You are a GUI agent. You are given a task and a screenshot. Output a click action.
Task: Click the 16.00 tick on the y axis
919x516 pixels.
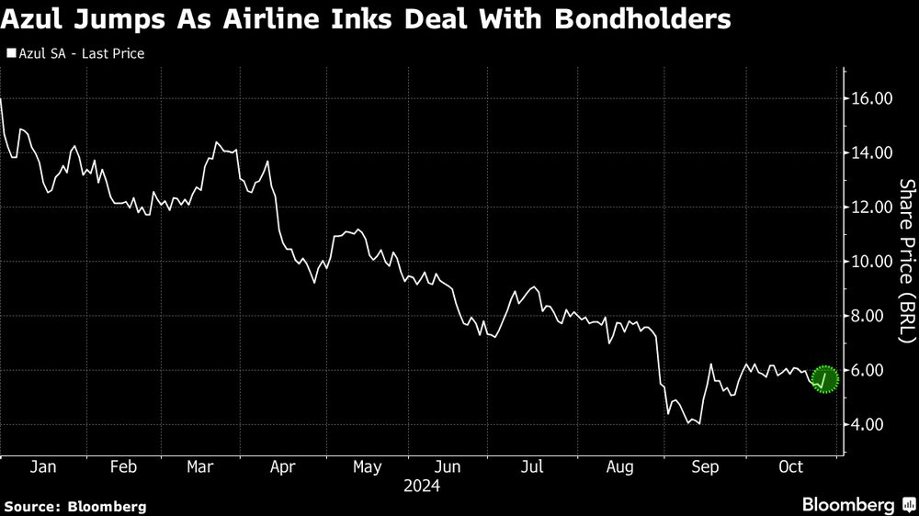coord(872,98)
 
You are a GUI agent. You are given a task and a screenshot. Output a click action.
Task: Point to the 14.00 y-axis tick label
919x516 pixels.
coord(872,152)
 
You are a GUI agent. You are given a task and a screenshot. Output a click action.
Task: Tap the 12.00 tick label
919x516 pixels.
coord(872,207)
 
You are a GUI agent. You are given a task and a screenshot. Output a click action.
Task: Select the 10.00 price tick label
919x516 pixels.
coord(872,261)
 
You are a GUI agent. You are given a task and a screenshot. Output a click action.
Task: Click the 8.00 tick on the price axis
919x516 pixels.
coord(876,316)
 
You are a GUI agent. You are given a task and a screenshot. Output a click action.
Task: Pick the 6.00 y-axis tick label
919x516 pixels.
coord(876,370)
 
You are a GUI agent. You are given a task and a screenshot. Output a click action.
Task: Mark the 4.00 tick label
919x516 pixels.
coord(876,424)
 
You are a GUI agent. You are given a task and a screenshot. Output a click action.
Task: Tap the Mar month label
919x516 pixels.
coord(199,466)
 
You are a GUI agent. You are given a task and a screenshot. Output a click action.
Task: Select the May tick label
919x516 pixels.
coord(367,466)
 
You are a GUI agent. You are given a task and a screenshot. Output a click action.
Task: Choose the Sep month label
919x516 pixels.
coord(705,466)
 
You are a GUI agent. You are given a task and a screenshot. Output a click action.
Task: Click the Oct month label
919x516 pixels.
coord(790,466)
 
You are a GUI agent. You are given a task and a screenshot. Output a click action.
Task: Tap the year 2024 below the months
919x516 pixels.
coord(421,486)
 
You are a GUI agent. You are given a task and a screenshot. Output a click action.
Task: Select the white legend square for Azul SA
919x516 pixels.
coord(10,54)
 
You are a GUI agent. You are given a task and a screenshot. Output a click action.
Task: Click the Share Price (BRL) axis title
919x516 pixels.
coord(906,260)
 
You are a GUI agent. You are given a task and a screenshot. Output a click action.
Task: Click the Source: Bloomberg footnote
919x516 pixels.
coord(74,506)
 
